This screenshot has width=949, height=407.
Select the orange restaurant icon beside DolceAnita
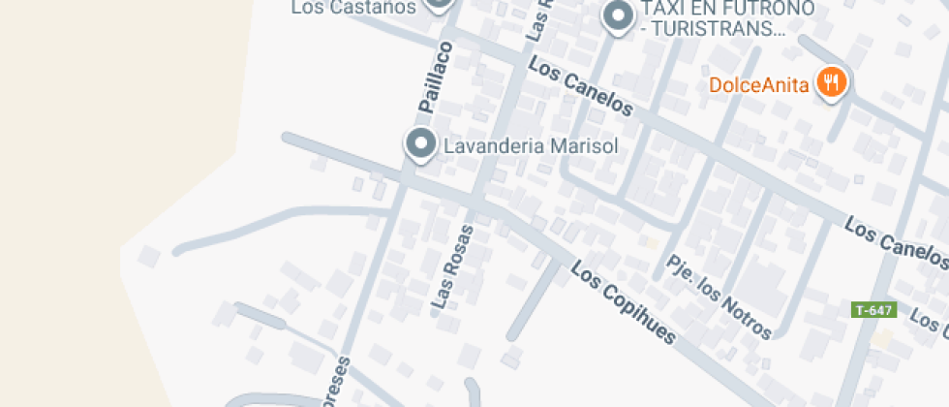(831, 83)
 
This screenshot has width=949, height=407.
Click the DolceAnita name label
(758, 84)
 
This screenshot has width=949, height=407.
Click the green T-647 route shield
(874, 310)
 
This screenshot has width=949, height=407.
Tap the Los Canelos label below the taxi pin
(581, 88)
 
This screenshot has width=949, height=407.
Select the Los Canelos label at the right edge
(896, 243)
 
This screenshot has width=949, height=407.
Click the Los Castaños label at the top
(353, 8)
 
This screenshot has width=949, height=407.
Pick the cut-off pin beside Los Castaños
(440, 5)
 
